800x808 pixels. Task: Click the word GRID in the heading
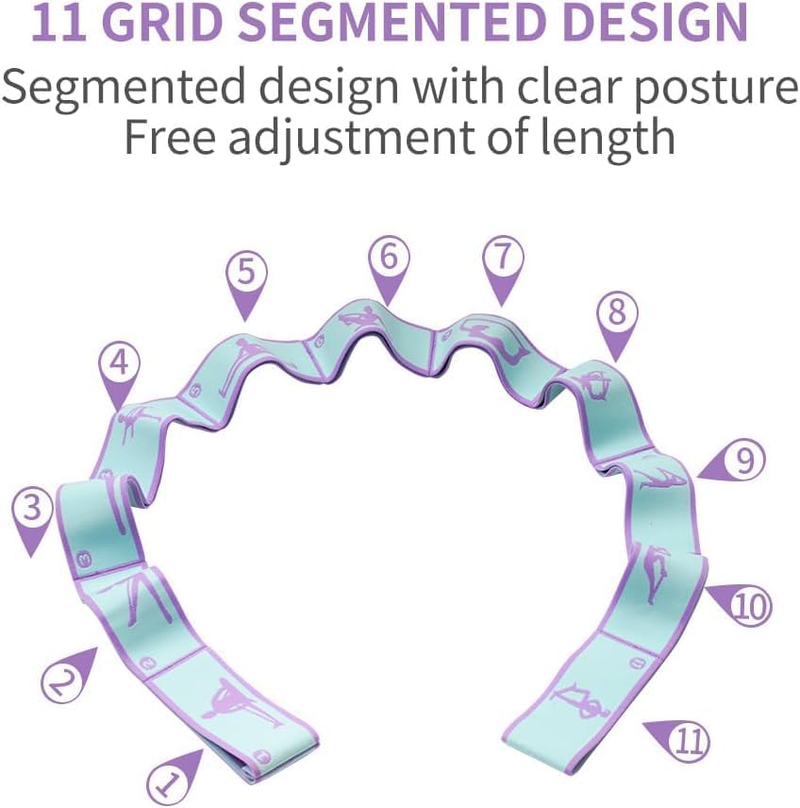[x=165, y=23]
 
